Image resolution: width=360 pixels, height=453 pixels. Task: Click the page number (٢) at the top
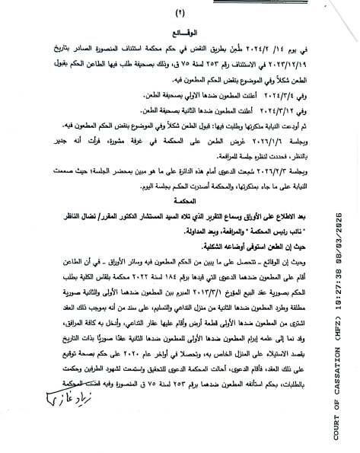pyautogui.click(x=180, y=13)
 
